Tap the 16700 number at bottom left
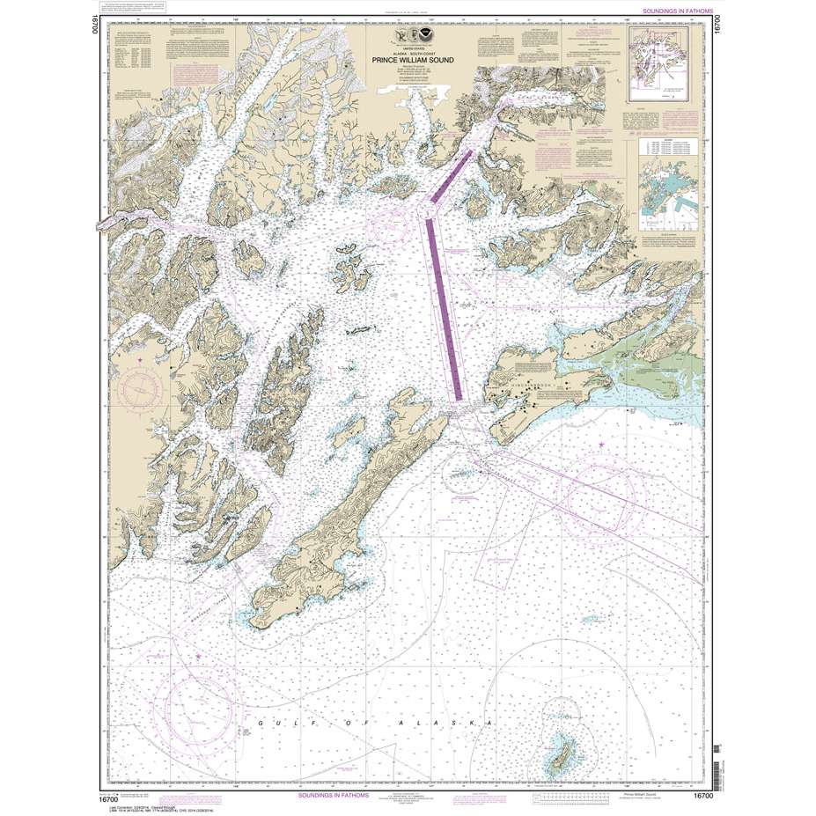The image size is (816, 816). coord(111,796)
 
